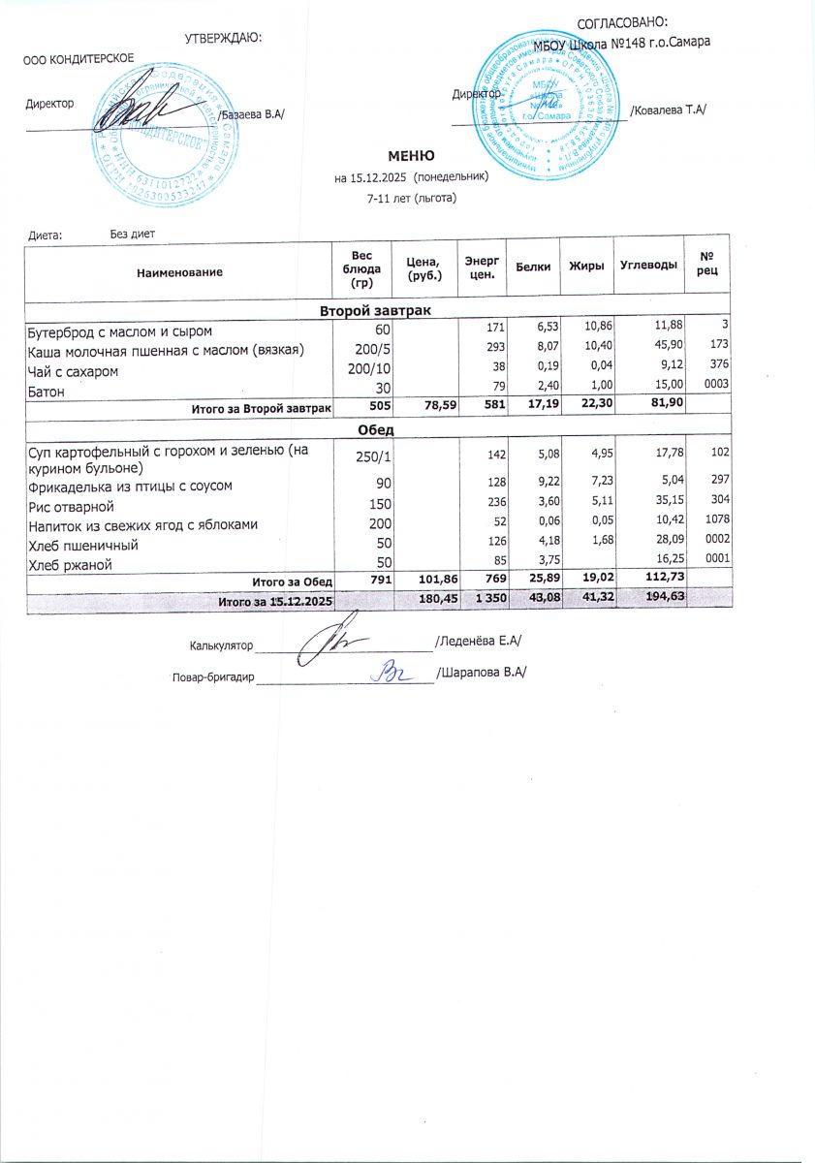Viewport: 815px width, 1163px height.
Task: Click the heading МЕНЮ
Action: click(x=411, y=156)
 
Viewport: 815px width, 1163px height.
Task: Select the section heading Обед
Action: click(x=375, y=429)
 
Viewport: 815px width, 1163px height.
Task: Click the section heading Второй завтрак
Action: click(x=375, y=309)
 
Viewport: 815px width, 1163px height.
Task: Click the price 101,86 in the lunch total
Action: click(x=423, y=581)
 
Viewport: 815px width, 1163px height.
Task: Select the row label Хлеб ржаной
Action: click(x=67, y=563)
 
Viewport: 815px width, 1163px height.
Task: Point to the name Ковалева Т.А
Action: click(x=670, y=110)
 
